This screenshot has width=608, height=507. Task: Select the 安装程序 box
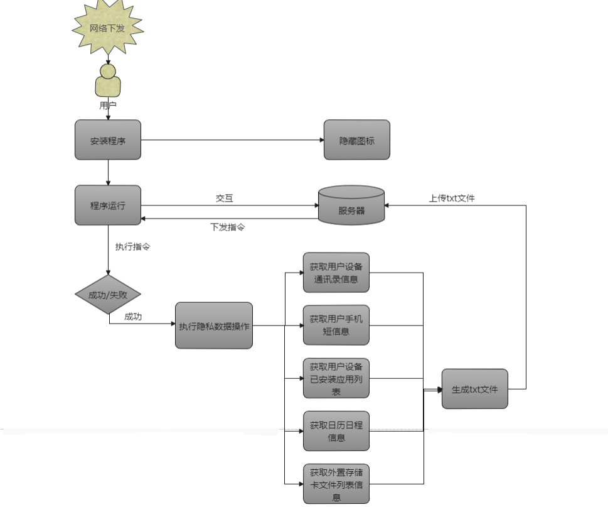tap(108, 140)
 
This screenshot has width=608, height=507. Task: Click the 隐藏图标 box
tap(356, 140)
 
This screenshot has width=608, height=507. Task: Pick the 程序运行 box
tap(108, 205)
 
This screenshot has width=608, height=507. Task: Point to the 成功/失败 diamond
tap(108, 294)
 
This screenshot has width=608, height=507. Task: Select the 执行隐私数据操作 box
tap(214, 325)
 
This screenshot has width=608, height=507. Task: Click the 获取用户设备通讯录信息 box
tap(336, 273)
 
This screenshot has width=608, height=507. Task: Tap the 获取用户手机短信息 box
tap(336, 325)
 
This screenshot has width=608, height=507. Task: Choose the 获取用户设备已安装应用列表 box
tap(336, 378)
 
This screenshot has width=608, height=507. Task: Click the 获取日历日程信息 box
tap(336, 431)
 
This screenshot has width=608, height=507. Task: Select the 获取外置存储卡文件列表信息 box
tap(336, 484)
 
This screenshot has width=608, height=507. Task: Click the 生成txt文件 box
tap(474, 389)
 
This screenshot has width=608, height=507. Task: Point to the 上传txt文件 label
tap(452, 198)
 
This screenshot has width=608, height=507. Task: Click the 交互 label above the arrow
tap(225, 198)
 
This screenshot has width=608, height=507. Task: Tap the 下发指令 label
tap(227, 227)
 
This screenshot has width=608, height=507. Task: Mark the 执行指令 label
tap(132, 247)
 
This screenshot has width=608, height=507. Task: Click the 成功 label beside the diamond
tap(133, 317)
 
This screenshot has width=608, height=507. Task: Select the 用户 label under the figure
tap(108, 106)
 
